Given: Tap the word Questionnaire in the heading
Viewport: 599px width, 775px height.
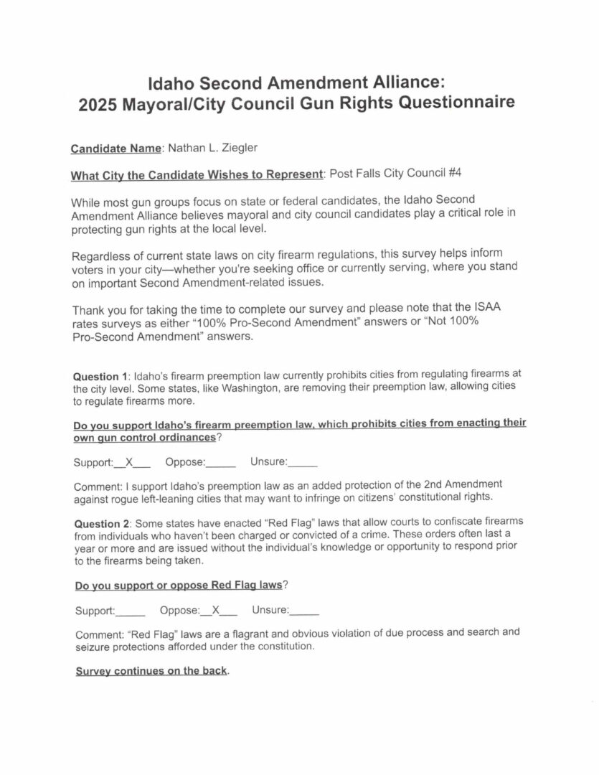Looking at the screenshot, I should [453, 103].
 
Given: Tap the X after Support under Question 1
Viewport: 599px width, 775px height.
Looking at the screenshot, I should [130, 463].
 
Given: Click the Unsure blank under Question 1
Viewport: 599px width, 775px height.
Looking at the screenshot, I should [303, 463].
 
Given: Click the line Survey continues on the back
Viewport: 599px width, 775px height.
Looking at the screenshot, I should [151, 672].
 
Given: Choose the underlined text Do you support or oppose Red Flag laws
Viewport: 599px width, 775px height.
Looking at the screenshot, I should [179, 586].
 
